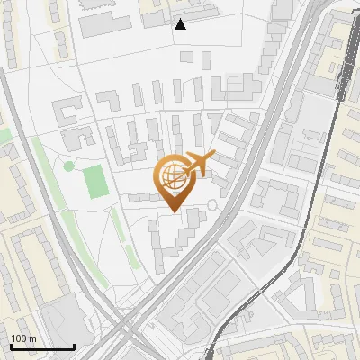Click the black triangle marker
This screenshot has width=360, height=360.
point(180,24)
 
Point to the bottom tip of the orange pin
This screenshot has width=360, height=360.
point(174,211)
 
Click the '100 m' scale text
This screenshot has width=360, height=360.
point(22,338)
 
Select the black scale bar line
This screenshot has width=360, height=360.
point(41,346)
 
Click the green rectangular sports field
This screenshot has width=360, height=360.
point(95,183)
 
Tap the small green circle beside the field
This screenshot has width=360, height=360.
point(68,166)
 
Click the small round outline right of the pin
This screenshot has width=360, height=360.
point(212,205)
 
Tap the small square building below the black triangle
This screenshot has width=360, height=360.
point(186,56)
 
